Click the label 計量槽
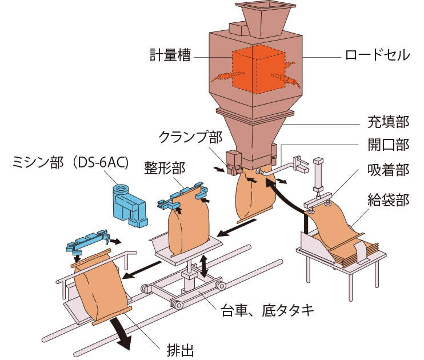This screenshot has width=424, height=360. [x=169, y=55]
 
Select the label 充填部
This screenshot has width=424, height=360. [x=387, y=122]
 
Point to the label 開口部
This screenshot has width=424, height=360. [x=387, y=145]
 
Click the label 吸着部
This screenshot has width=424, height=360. [x=387, y=171]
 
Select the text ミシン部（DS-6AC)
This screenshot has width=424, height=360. [x=70, y=163]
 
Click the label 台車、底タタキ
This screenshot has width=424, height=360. [x=267, y=310]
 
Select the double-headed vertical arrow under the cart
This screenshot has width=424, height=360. [x=203, y=265]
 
